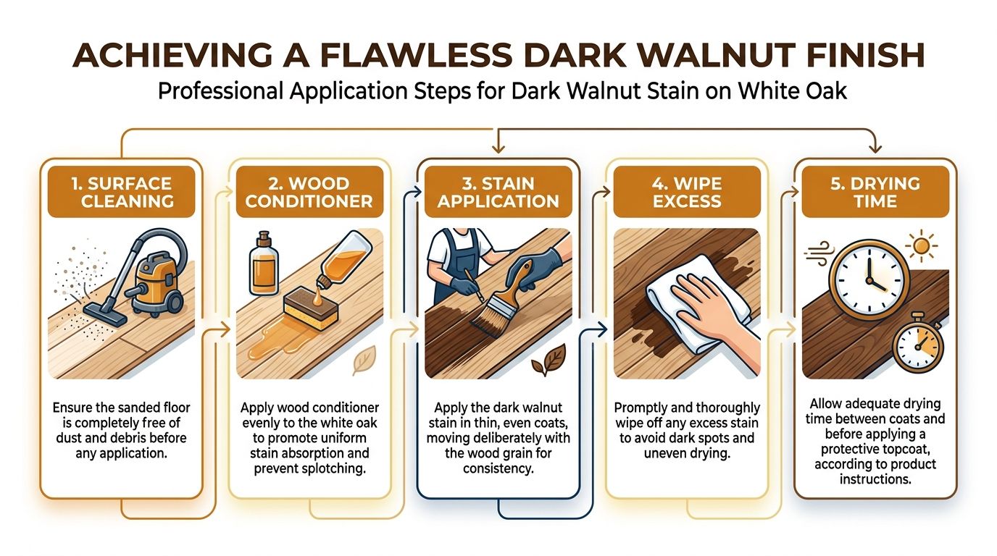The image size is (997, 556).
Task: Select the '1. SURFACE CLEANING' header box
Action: [x=122, y=192]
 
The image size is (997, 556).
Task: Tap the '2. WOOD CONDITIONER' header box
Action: [x=309, y=192]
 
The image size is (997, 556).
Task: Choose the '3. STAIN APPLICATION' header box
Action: [x=498, y=192]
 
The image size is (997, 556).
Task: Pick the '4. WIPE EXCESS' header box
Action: [x=687, y=192]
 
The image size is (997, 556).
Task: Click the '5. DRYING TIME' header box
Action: [x=875, y=192]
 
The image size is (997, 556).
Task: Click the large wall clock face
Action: [x=869, y=279]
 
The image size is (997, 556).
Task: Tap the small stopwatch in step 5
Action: [x=918, y=345]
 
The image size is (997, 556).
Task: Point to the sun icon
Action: [x=921, y=245]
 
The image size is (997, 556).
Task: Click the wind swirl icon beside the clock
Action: [x=817, y=253]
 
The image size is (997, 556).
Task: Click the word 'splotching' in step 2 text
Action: [x=334, y=469]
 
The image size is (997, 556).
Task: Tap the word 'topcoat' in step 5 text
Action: [x=905, y=450]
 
